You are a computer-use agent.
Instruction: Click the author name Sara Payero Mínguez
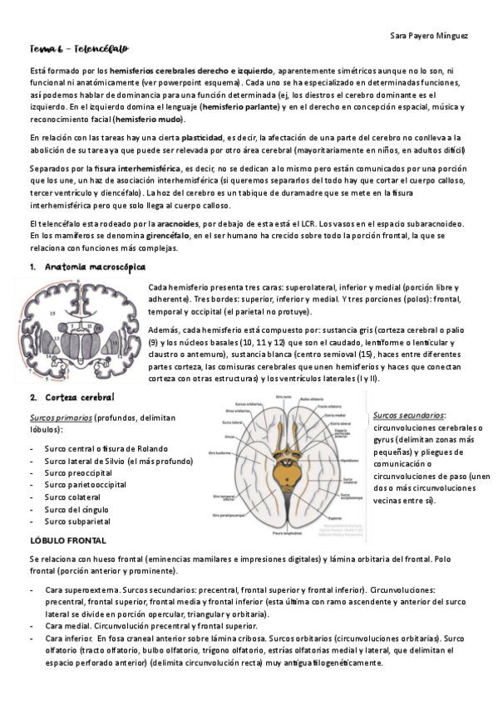(428, 35)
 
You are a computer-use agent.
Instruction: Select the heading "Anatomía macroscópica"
(95, 266)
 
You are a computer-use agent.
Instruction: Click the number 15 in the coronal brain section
(53, 315)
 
